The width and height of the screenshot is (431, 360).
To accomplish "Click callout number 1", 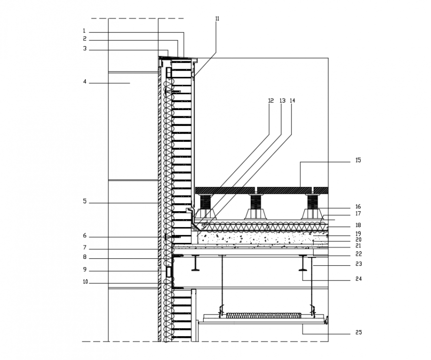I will coord(85,31).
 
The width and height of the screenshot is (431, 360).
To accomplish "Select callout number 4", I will coord(85,82).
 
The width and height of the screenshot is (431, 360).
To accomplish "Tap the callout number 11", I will coord(217,18).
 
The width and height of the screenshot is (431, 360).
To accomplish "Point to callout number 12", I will coord(270,100).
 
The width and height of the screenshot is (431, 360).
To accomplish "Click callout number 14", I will coord(292,100).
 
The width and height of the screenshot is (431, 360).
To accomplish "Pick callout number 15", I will coord(358,161).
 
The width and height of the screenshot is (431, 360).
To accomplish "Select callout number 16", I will coord(358,207).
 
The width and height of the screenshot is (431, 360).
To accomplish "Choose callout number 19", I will coord(358,233).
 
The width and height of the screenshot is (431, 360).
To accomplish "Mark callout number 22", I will coord(358,254).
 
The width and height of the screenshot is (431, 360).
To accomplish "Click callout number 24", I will coord(358,279).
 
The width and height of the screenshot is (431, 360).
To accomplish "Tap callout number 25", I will coord(358,332).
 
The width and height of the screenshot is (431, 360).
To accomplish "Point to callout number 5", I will coord(85,201).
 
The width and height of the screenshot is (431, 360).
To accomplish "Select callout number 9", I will coord(85,270).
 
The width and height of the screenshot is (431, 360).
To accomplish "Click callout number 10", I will coord(85,282).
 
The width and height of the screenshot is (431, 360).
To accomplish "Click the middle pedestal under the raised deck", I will coord(255,207).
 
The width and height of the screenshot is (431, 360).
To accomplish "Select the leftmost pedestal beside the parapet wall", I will coord(204,207).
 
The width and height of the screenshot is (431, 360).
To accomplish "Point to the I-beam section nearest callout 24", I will coord(303,263).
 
